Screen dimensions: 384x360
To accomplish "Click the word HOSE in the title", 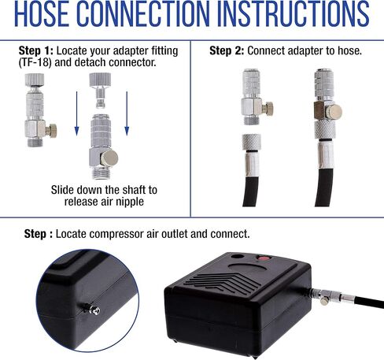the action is [x=42, y=13].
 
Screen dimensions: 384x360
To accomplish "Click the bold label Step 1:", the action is [x=35, y=50].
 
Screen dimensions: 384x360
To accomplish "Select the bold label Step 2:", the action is [x=227, y=50].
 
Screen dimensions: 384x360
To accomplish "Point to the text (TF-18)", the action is [x=35, y=63].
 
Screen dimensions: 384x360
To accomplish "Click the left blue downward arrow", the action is [x=76, y=113].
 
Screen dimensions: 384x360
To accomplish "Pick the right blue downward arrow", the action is [x=127, y=113].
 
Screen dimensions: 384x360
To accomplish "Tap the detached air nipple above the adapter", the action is [x=100, y=91].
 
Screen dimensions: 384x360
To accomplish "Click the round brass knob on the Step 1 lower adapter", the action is [x=109, y=158].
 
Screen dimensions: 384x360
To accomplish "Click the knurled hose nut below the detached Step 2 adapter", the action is [x=251, y=142].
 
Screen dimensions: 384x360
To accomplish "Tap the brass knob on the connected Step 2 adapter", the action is [x=335, y=112].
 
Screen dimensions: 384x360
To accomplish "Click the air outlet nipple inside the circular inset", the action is [x=92, y=309].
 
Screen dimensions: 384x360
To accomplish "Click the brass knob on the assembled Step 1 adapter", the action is [x=52, y=130].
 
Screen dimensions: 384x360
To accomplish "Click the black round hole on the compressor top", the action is [x=238, y=256].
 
